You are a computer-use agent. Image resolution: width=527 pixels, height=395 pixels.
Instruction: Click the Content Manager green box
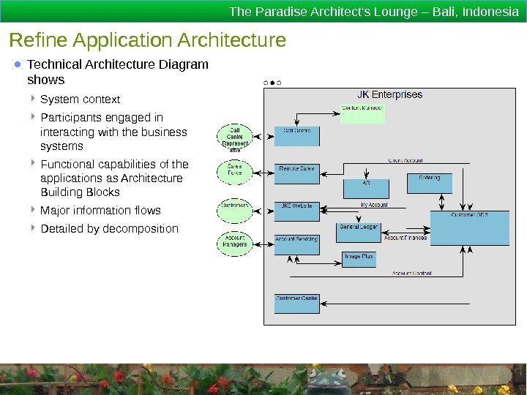click(x=362, y=113)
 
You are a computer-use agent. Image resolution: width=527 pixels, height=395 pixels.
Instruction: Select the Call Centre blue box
click(x=296, y=137)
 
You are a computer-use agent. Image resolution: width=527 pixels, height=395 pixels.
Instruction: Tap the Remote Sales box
click(x=296, y=173)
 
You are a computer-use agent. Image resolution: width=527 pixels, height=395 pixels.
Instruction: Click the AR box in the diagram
click(x=366, y=188)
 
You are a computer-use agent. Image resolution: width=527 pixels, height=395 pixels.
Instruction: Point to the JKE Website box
click(x=296, y=211)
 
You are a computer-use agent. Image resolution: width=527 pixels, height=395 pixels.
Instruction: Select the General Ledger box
click(x=359, y=232)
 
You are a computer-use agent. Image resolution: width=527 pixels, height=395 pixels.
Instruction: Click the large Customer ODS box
click(x=469, y=227)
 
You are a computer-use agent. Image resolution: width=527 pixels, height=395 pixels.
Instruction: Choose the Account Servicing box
click(x=296, y=244)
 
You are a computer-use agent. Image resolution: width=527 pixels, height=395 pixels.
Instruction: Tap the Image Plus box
click(x=359, y=260)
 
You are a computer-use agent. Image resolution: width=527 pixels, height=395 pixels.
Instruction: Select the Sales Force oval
click(x=235, y=170)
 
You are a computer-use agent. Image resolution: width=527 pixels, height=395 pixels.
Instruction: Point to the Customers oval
click(x=235, y=209)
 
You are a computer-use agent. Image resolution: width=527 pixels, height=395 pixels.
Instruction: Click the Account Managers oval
click(x=235, y=243)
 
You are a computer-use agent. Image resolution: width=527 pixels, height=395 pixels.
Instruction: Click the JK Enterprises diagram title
click(x=389, y=94)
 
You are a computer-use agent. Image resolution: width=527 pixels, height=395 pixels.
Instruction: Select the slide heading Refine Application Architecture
click(x=147, y=40)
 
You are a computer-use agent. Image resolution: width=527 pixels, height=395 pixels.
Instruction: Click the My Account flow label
click(x=374, y=206)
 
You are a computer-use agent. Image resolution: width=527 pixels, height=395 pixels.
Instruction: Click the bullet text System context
click(x=81, y=99)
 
